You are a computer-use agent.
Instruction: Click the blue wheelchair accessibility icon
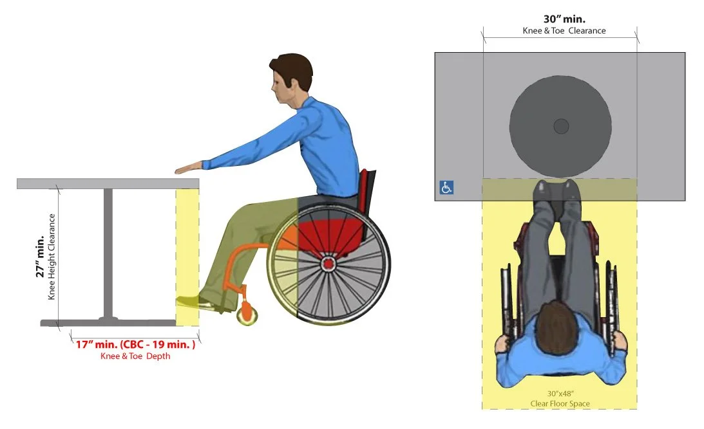point(446,187)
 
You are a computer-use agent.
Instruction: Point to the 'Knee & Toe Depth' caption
point(135,356)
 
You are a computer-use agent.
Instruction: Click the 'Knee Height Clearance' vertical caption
point(52,256)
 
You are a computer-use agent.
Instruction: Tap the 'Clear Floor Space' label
point(560,404)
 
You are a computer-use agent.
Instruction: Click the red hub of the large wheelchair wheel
point(328,262)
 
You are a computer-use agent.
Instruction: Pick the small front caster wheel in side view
point(248,315)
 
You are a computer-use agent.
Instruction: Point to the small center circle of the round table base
point(560,126)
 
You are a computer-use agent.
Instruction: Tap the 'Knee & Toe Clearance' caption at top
point(563,30)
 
